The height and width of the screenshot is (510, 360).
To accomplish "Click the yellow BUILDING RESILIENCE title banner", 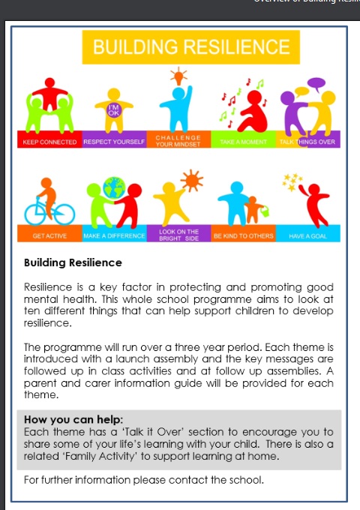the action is point(190,47).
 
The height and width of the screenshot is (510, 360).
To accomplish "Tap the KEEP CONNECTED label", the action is point(49,141).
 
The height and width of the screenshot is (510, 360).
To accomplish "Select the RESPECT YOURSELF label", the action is point(114,141).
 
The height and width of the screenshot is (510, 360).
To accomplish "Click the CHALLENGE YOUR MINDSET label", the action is point(178,139).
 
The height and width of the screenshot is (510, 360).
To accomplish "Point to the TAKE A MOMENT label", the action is point(244,141).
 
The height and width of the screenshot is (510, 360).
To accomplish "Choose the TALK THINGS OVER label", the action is point(309,141).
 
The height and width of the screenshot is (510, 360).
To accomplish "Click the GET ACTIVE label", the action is point(49,235).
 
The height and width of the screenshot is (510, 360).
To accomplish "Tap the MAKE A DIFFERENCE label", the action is point(114,235).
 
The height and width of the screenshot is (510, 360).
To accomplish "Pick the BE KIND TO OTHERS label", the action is point(244,235).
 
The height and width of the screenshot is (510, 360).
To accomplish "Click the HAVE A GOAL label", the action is point(309,235).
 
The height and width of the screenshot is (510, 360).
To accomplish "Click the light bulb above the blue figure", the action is point(178,76).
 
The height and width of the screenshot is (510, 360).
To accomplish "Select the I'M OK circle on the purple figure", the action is point(114,109).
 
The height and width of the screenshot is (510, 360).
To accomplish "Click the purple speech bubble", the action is point(316,82).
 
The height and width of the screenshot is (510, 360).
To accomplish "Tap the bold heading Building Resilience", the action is point(73,263).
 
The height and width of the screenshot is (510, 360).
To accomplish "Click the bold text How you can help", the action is point(74,419).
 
